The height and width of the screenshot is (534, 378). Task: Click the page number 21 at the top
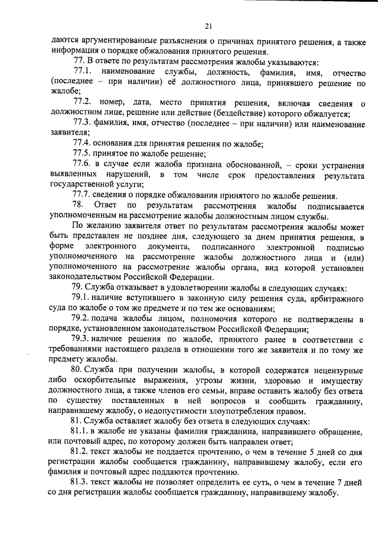coord(208,25)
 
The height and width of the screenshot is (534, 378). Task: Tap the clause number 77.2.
coord(81,104)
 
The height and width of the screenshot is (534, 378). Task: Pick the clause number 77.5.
coord(81,152)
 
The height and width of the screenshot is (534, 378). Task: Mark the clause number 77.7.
coord(81,195)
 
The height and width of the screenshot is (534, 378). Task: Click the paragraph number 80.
coord(77,369)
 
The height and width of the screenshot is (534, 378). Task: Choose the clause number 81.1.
coord(80,432)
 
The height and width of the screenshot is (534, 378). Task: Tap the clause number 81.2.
coord(80,452)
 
